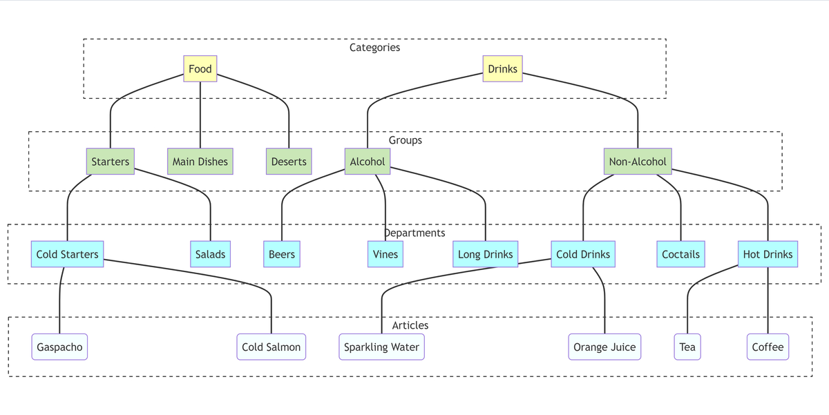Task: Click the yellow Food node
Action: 200,69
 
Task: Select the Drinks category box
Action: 502,69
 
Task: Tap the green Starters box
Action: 111,162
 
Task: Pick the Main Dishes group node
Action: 200,162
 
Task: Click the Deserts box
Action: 289,162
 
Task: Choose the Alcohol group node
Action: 368,162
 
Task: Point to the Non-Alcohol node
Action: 638,162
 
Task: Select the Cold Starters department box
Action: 68,254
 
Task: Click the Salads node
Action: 210,254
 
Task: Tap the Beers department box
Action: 282,254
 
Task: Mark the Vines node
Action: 385,254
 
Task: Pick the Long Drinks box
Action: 486,254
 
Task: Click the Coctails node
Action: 680,254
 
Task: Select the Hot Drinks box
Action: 768,254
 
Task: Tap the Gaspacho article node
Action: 60,347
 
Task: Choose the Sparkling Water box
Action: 381,347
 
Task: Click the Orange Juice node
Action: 604,347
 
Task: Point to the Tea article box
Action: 687,347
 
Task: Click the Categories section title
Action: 374,48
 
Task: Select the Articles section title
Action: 410,325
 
